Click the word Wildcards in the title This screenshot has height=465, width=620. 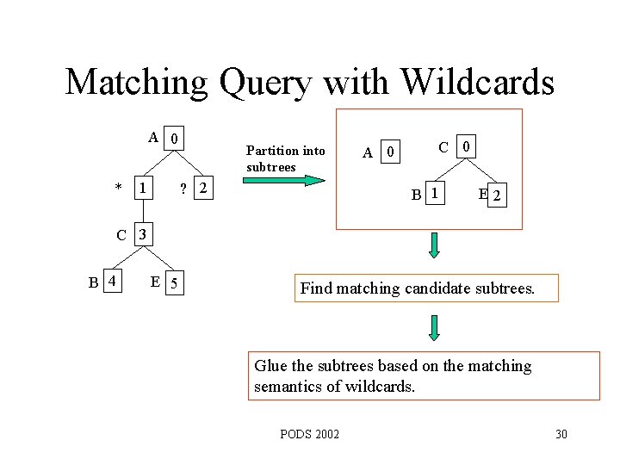(x=477, y=83)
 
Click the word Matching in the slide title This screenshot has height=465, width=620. (x=137, y=83)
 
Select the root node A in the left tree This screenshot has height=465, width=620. (x=152, y=137)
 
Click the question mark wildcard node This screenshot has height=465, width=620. (x=181, y=188)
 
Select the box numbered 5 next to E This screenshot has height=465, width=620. (x=175, y=282)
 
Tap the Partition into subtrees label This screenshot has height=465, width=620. (x=285, y=158)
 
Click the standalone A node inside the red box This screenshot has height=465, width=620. (x=368, y=153)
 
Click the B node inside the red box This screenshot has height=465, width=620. (x=417, y=195)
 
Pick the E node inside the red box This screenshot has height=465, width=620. (x=484, y=195)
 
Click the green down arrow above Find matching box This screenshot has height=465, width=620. (x=434, y=245)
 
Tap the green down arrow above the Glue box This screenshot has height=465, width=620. (x=434, y=327)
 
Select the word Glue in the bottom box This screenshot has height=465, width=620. (x=270, y=366)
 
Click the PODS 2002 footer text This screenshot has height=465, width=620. (x=310, y=433)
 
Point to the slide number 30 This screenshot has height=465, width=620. (x=561, y=433)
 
